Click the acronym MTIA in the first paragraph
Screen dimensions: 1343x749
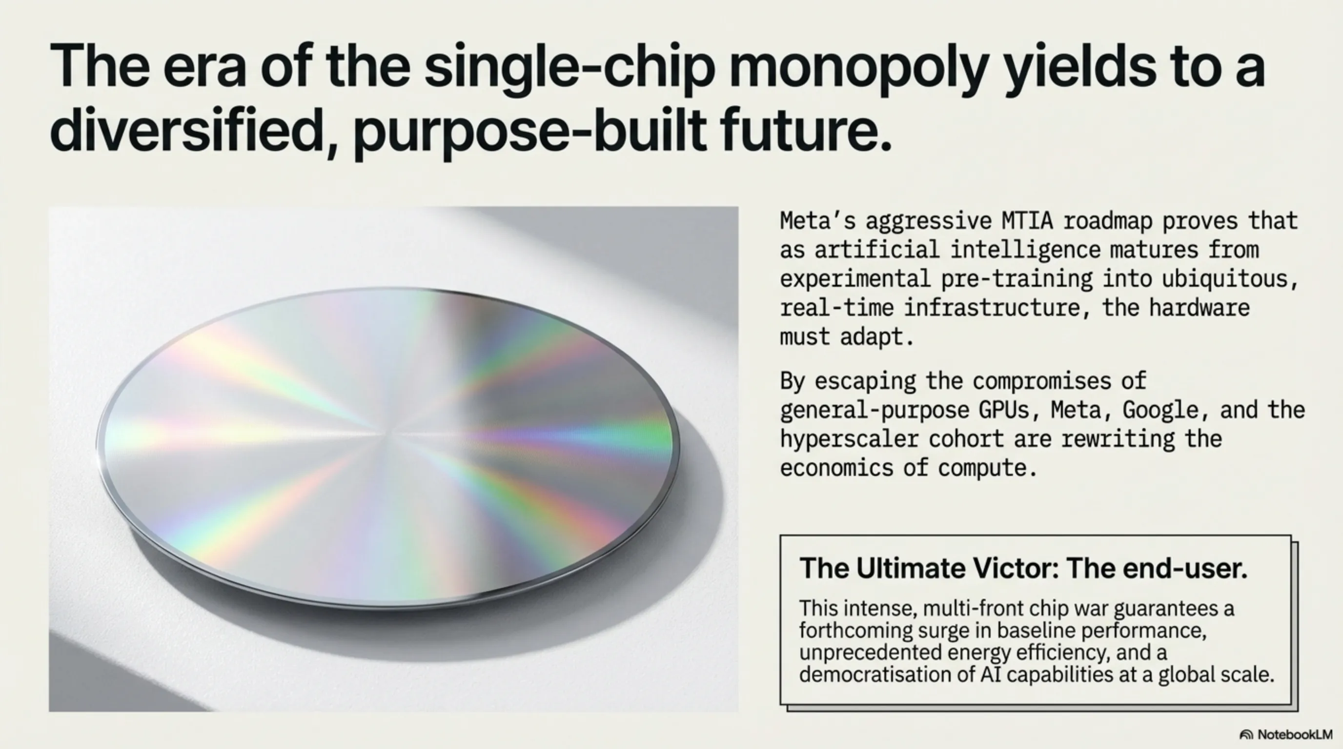point(1027,221)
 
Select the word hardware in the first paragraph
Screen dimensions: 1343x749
point(1199,307)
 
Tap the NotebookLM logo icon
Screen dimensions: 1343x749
point(1246,735)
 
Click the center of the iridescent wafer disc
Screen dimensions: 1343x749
point(388,448)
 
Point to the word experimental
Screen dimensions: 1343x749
point(855,279)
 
